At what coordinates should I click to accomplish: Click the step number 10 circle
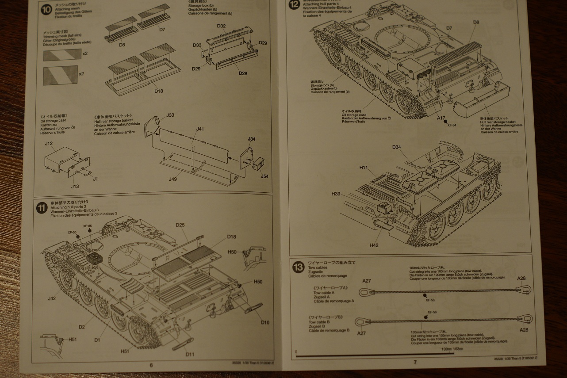[x=46, y=10]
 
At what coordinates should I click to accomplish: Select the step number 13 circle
[x=298, y=267]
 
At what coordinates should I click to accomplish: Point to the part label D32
[x=222, y=27]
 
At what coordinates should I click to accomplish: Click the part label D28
[x=243, y=73]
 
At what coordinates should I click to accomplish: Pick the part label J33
[x=170, y=115]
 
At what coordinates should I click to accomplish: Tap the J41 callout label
[x=200, y=129]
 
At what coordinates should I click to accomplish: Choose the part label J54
[x=264, y=176]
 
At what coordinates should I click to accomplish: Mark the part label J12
[x=49, y=143]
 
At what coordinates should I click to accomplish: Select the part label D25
[x=180, y=225]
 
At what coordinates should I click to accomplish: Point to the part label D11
[x=190, y=354]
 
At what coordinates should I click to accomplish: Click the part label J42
[x=52, y=298]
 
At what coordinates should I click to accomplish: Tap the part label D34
[x=396, y=147]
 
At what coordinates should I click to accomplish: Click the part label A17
[x=441, y=118]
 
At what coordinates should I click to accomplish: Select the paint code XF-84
[x=451, y=125]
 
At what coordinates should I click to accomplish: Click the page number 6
[x=151, y=365]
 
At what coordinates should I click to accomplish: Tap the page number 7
[x=415, y=362]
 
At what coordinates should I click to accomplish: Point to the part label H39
[x=336, y=194]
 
